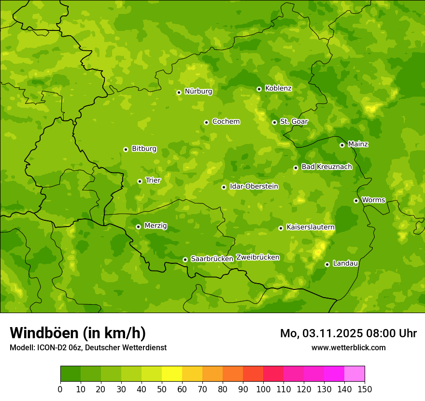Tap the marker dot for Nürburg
179,92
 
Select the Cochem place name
226,122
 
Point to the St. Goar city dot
274,122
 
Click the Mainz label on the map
358,144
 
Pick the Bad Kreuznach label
326,167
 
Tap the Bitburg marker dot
126,149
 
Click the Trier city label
153,181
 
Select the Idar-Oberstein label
254,186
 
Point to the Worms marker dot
356,200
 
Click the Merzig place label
156,226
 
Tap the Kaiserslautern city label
311,228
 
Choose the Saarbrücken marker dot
185,259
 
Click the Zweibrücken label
257,258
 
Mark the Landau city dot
327,264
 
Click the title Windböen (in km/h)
77,333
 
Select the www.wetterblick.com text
348,348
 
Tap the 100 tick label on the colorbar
263,389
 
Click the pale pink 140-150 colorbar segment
354,374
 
